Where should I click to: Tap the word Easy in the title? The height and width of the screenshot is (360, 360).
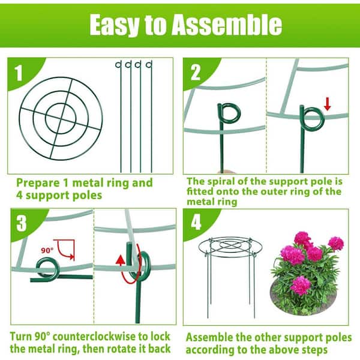click(x=114, y=25)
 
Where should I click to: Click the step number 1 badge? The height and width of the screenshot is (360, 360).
click(x=19, y=73)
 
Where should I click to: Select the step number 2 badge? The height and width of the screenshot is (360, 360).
click(x=196, y=73)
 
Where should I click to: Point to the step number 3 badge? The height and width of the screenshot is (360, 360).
click(x=22, y=223)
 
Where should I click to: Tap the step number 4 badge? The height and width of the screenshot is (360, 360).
click(x=196, y=222)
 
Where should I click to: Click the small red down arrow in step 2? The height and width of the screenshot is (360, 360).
click(x=328, y=104)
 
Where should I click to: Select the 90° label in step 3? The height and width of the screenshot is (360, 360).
click(x=47, y=250)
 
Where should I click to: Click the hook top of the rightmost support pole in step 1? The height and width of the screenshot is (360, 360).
click(x=149, y=65)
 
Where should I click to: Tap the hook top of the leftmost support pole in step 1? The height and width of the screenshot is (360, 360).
click(x=118, y=65)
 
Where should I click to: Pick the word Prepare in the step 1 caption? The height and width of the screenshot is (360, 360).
click(x=38, y=183)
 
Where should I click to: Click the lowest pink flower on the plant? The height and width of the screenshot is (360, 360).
click(x=300, y=285)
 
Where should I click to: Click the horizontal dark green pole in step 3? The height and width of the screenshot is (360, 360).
click(x=62, y=278)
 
